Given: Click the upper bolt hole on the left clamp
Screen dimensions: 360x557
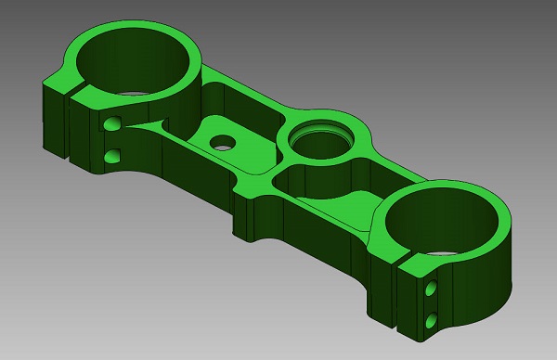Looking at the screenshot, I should (x=113, y=123).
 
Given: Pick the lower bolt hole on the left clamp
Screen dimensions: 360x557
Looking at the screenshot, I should (x=113, y=154).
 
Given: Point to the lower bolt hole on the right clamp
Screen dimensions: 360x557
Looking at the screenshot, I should (x=430, y=321).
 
